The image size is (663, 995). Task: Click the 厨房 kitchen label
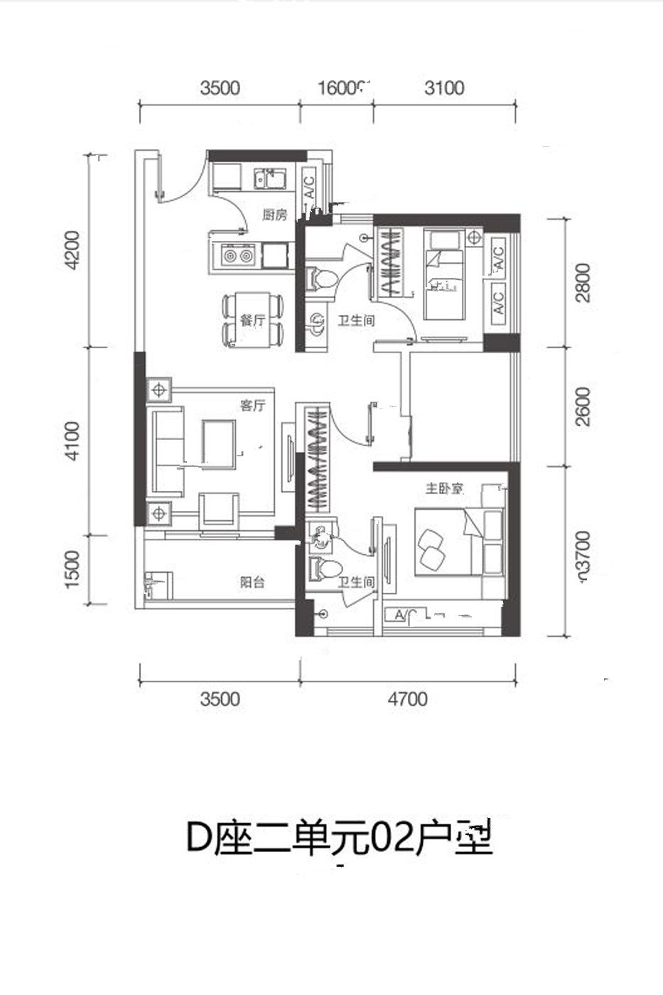click(274, 215)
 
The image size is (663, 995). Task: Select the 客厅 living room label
click(252, 407)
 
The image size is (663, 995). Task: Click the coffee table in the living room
click(219, 443)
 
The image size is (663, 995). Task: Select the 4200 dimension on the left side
click(72, 251)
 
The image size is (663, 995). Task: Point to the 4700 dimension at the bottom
click(408, 699)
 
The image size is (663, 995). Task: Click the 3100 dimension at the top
click(444, 88)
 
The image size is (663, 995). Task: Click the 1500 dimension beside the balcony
click(72, 570)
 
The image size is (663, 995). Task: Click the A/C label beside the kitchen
click(310, 186)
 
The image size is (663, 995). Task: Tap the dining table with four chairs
click(253, 321)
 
